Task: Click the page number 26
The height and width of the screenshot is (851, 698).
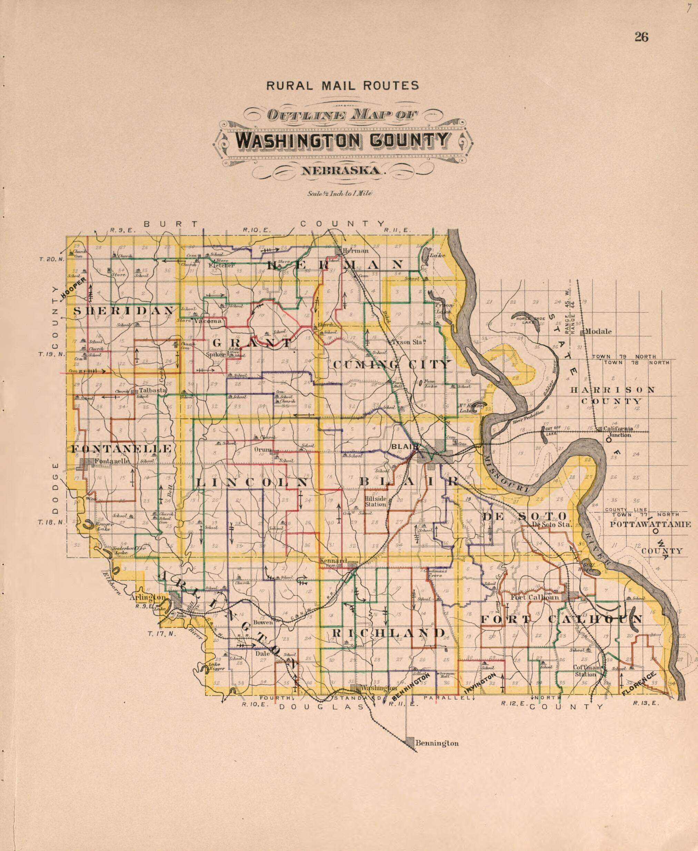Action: [x=641, y=37]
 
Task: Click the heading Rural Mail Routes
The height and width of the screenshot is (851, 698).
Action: [x=342, y=85]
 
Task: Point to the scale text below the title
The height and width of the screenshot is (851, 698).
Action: [x=340, y=193]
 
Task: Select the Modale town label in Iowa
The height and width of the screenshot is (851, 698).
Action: [x=598, y=332]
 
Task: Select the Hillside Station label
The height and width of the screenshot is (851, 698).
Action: [x=375, y=501]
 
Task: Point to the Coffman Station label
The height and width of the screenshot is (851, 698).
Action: [x=586, y=671]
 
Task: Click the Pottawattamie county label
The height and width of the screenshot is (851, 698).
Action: [x=650, y=524]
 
